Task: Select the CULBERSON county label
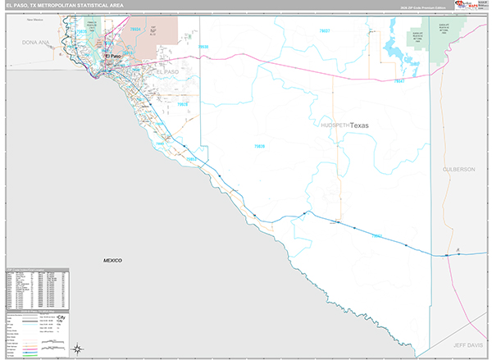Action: point(458,169)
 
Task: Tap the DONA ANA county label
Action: point(36,41)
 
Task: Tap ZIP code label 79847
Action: point(399,81)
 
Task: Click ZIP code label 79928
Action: point(184,105)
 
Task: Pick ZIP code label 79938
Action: point(203,47)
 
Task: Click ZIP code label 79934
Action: point(136,30)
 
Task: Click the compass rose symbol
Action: point(77,349)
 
